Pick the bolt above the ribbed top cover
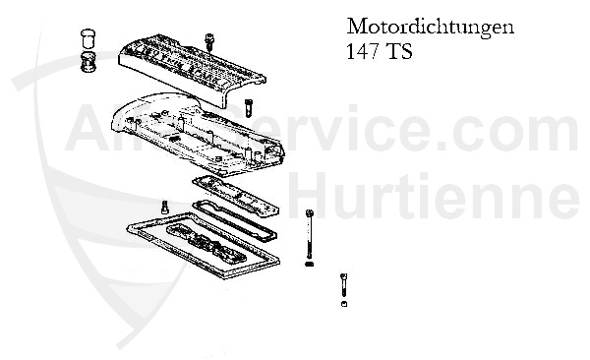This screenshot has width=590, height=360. point(209,39)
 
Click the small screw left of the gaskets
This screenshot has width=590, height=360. point(163,207)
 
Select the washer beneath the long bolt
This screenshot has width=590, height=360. point(310,263)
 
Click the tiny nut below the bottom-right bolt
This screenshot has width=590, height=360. point(343,304)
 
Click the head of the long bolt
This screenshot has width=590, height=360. point(310,213)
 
